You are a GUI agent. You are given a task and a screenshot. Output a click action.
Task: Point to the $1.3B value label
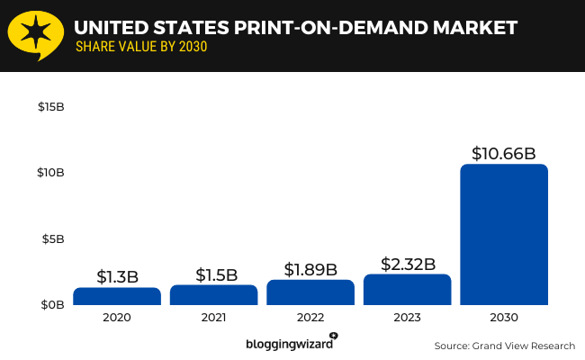click(x=117, y=277)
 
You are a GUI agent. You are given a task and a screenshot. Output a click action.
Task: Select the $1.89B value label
click(x=310, y=269)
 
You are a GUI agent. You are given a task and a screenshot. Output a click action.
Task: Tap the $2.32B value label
click(x=407, y=264)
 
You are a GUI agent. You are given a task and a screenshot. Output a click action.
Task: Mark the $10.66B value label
click(x=504, y=153)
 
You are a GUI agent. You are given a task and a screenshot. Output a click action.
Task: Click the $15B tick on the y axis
click(x=50, y=107)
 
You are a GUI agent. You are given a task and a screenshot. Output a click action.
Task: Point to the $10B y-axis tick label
click(x=50, y=173)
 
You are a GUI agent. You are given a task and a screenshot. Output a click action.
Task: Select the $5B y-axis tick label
click(x=53, y=239)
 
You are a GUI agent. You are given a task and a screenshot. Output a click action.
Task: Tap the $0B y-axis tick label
click(x=52, y=305)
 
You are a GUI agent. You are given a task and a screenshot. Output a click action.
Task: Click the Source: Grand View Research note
click(x=504, y=345)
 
